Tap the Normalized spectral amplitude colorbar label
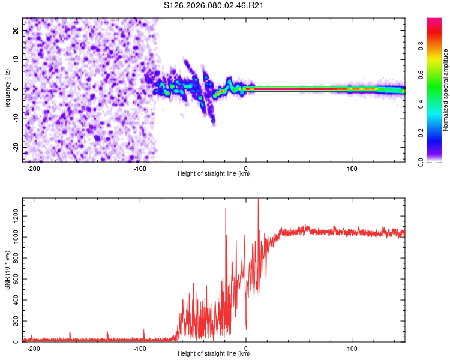[x=445, y=90]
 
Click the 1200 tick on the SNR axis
[x=12, y=215]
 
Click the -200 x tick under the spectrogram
[x=34, y=168]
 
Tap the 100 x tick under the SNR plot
[x=352, y=348]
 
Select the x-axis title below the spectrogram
[x=214, y=174]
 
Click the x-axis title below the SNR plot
[x=214, y=354]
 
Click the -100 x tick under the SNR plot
[x=140, y=348]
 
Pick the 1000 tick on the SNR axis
[x=12, y=236]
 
